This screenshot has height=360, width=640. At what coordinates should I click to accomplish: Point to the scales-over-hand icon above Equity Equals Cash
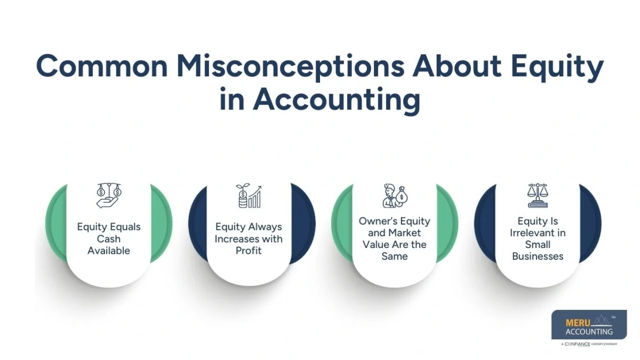109,196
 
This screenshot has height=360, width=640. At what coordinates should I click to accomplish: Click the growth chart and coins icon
249,196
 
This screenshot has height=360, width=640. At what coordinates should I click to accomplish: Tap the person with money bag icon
394,196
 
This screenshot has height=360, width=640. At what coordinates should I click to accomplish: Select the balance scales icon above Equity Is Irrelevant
538,196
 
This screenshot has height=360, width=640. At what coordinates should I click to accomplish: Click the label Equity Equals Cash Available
109,238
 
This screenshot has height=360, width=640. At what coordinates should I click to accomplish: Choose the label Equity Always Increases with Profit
249,238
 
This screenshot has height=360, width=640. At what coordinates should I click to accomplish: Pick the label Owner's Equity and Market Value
394,238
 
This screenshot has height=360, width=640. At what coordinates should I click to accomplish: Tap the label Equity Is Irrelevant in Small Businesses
538,238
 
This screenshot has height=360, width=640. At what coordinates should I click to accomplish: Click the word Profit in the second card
249,251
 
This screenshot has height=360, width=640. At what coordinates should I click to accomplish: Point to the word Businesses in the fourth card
538,257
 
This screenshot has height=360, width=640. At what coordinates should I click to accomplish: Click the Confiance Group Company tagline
589,344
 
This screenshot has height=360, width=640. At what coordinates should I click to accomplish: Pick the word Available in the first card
109,251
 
